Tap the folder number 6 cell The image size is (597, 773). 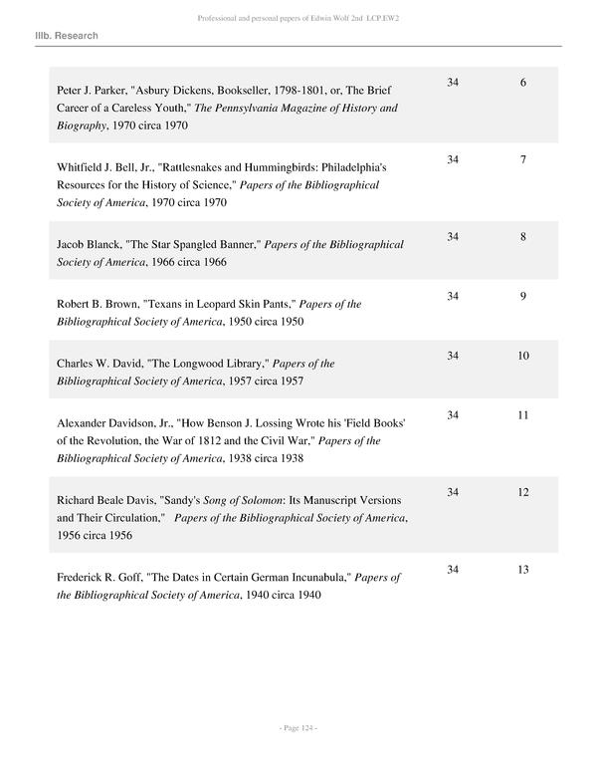(522, 82)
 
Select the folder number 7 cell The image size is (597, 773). (522, 159)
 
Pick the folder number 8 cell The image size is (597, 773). (522, 237)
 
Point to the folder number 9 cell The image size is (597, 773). (522, 296)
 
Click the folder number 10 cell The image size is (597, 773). (522, 355)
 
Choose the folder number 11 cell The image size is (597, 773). (522, 413)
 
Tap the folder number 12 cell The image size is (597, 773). (522, 491)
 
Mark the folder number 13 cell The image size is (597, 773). (522, 569)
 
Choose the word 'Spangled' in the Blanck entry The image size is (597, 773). (186, 244)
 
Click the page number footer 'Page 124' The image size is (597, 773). (298, 729)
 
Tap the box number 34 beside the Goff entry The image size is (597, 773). (453, 569)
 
